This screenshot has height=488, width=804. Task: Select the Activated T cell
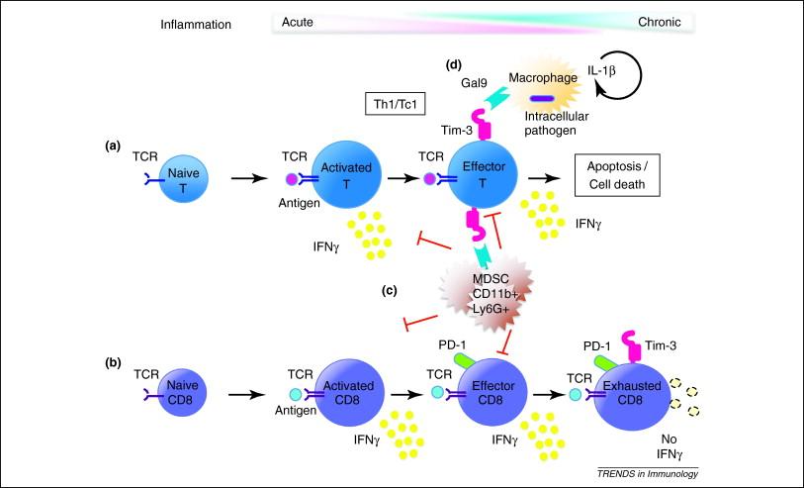(x=347, y=174)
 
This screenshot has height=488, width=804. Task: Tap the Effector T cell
(x=483, y=174)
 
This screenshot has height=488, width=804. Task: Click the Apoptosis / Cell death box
(x=617, y=175)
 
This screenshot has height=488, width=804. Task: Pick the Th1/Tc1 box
(x=396, y=105)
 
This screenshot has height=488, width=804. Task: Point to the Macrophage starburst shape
(x=545, y=91)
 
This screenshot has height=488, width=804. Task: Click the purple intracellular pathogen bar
(x=542, y=99)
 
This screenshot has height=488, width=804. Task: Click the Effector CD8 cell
(x=492, y=393)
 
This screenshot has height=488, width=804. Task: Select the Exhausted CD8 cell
(x=632, y=393)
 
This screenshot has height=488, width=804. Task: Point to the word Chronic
(x=660, y=22)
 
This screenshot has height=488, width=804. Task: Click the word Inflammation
(x=196, y=25)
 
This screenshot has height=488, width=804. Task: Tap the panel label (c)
(x=390, y=290)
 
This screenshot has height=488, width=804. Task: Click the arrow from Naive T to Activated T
(x=250, y=178)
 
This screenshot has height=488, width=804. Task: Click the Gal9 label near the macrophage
(x=474, y=82)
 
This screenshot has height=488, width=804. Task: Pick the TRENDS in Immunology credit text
(x=648, y=473)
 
